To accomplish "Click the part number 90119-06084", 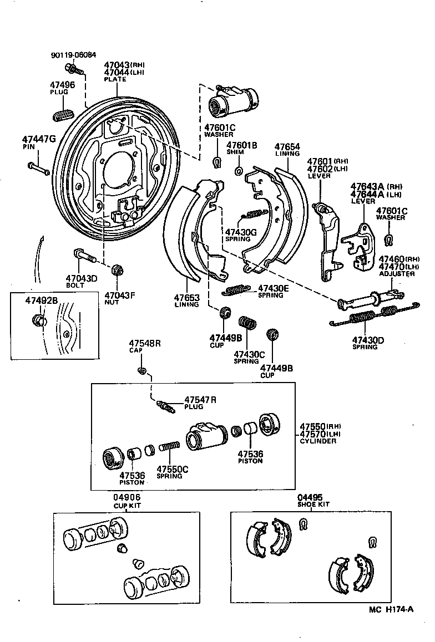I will point(73,55).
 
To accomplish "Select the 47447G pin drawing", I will point(38,168).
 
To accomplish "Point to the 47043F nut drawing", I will point(117,271).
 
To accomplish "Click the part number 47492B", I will point(42,300).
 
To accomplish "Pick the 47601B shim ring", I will point(239,170).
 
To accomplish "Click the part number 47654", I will point(287,146).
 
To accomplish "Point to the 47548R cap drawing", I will point(142,370).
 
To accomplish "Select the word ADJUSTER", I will point(397,274).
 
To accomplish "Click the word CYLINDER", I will point(318,441).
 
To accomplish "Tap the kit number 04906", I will point(128,498).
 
